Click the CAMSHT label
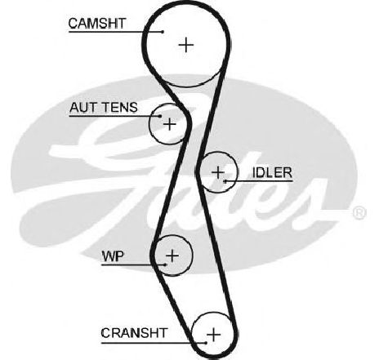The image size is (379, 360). pyautogui.click(x=97, y=24)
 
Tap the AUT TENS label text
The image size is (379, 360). pyautogui.click(x=104, y=108)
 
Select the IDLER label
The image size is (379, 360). pyautogui.click(x=272, y=173)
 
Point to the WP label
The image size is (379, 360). pyautogui.click(x=113, y=256)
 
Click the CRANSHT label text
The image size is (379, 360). pyautogui.click(x=134, y=333)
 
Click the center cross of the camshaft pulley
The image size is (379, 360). pyautogui.click(x=186, y=45)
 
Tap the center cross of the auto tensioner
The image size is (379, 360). pyautogui.click(x=170, y=124)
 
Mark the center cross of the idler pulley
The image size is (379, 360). pyautogui.click(x=218, y=172)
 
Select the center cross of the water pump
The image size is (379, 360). pyautogui.click(x=172, y=256)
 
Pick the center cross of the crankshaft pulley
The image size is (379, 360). pyautogui.click(x=214, y=335)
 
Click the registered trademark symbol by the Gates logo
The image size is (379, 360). pyautogui.click(x=359, y=212)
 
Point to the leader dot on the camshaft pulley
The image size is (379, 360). pyautogui.click(x=163, y=32)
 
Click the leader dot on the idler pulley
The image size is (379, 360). pyautogui.click(x=225, y=181)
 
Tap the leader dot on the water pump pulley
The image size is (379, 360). pyautogui.click(x=165, y=264)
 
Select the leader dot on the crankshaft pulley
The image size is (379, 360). pyautogui.click(x=206, y=343)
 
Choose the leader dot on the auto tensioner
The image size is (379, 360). pyautogui.click(x=160, y=116)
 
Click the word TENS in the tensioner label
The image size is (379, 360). pyautogui.click(x=120, y=108)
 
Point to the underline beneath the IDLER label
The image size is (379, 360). pyautogui.click(x=259, y=181)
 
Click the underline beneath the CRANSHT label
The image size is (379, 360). pyautogui.click(x=154, y=343)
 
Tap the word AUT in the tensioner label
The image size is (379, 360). pyautogui.click(x=84, y=108)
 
